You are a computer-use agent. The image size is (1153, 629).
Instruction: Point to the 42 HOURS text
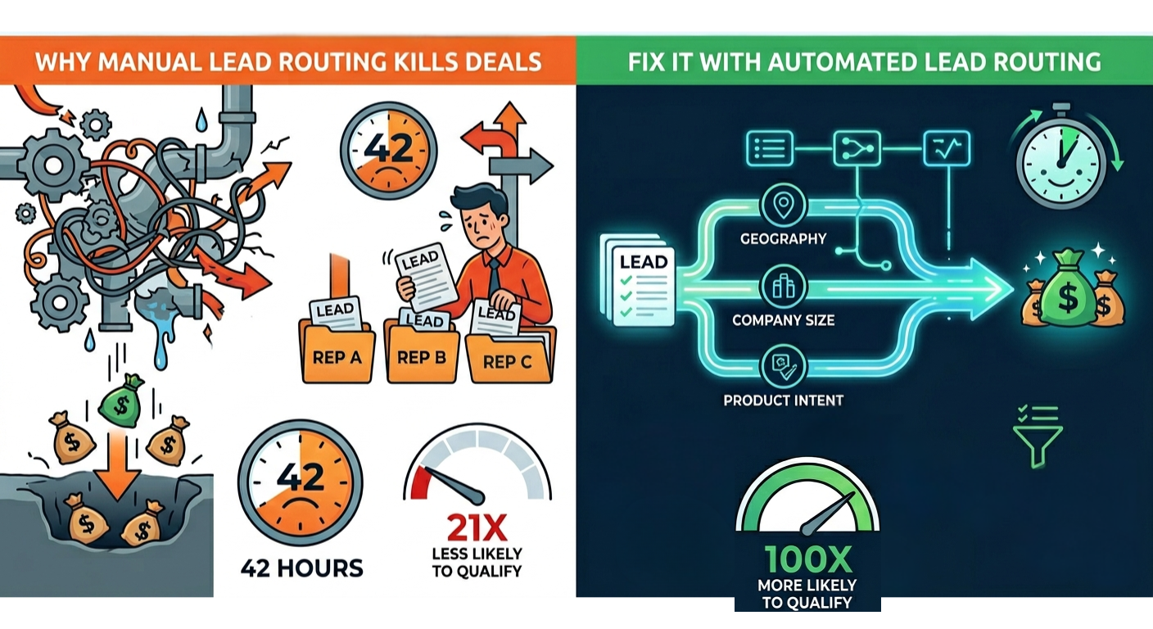[301, 567]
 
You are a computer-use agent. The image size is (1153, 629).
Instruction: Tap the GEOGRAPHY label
[783, 239]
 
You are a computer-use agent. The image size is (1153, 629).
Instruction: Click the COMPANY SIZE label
[783, 319]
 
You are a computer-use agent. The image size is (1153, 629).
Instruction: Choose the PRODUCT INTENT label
[783, 400]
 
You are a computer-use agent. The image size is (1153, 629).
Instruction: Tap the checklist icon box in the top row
[769, 148]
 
